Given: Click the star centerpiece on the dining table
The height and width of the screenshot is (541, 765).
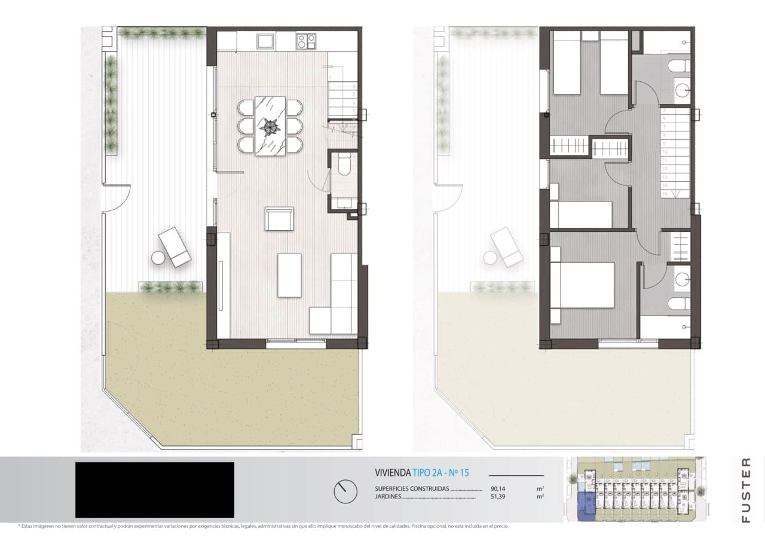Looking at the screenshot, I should [x=270, y=126].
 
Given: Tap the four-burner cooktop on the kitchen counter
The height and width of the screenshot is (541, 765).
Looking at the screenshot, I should [x=307, y=41].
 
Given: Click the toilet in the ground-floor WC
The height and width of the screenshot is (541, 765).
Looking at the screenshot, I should [x=344, y=164].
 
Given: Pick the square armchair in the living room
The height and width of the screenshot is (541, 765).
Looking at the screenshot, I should [x=279, y=219].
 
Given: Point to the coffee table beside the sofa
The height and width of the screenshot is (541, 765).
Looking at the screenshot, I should [x=289, y=275].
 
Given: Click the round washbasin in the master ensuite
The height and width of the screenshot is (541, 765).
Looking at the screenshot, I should [x=681, y=279].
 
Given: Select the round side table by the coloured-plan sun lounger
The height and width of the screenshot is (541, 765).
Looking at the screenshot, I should [x=158, y=258].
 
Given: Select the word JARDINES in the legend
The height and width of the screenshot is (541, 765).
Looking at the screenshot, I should [x=388, y=497].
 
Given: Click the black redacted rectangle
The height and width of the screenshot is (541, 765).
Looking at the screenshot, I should [x=154, y=490].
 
